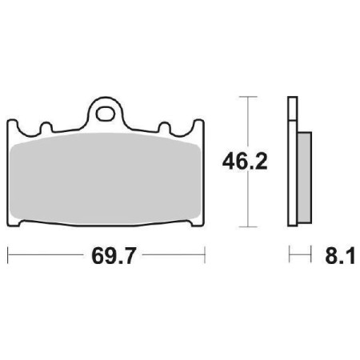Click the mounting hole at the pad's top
(107, 111)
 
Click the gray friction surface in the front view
(107, 176)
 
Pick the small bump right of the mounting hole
(166, 128)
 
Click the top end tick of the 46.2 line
(251, 98)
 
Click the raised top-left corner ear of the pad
(13, 125)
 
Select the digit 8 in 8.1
(327, 257)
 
